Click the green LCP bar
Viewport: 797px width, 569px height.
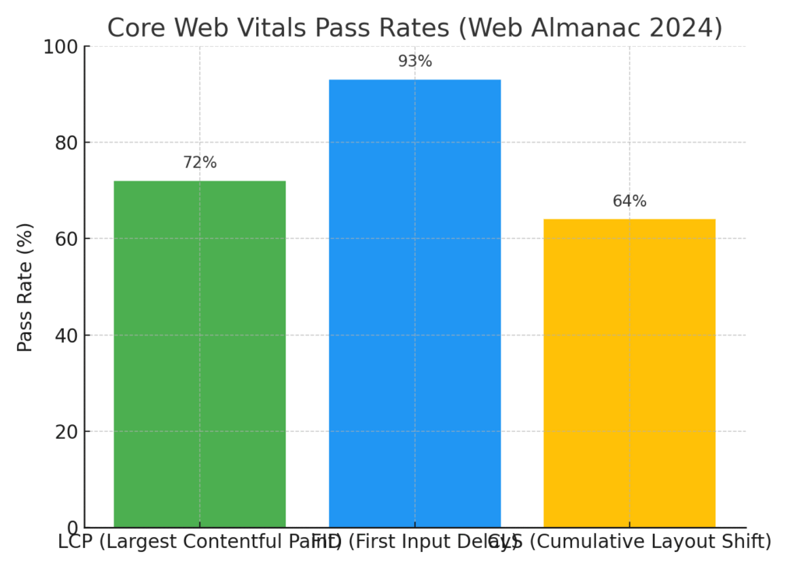(199, 354)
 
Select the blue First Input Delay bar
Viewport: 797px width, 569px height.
(414, 304)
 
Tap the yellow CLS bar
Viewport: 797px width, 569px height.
(629, 374)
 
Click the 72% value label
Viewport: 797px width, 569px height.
(200, 163)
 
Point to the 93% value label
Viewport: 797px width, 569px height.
(415, 61)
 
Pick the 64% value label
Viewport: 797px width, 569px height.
(630, 202)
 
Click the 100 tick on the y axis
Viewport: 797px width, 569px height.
(62, 47)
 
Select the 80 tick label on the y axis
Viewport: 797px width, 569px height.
(67, 143)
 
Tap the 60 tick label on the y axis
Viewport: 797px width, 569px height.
(67, 239)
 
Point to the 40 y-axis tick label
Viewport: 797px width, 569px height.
(67, 335)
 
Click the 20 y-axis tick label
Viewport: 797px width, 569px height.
(67, 432)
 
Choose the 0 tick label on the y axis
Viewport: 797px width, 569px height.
(72, 528)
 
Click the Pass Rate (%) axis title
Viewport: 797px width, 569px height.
(26, 287)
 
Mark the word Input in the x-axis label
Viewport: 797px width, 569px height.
(422, 542)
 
